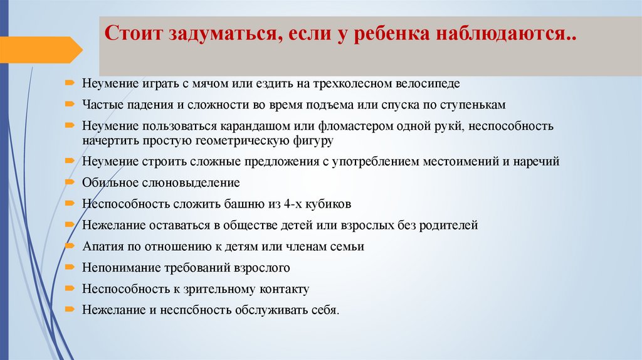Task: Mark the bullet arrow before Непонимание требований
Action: point(68,267)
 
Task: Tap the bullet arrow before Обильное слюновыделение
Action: point(68,182)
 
